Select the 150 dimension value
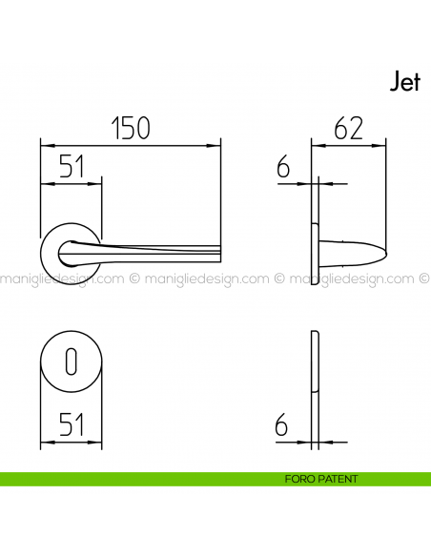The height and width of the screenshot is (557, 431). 131,128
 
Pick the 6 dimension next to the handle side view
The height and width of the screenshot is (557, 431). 283,169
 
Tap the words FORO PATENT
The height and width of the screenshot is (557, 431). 321,479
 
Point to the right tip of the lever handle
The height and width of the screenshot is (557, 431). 217,252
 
